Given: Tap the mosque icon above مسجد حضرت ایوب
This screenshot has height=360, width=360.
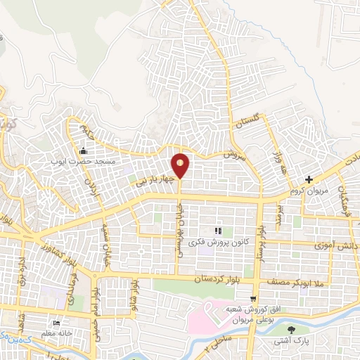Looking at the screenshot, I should click(83, 150).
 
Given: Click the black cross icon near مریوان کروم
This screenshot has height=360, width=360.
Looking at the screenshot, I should click(309, 179).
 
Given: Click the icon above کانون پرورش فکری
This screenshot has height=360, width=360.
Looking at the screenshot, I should click(218, 230).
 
